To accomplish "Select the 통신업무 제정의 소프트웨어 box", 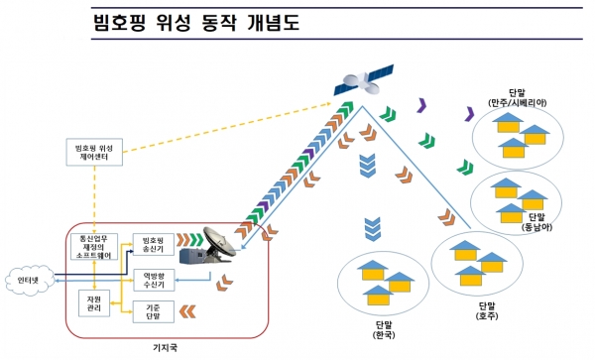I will click(x=90, y=244).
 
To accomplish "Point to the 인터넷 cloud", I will click(x=29, y=279).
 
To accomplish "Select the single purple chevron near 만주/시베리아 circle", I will click(x=470, y=114).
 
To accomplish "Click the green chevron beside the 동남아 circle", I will click(x=462, y=166).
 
